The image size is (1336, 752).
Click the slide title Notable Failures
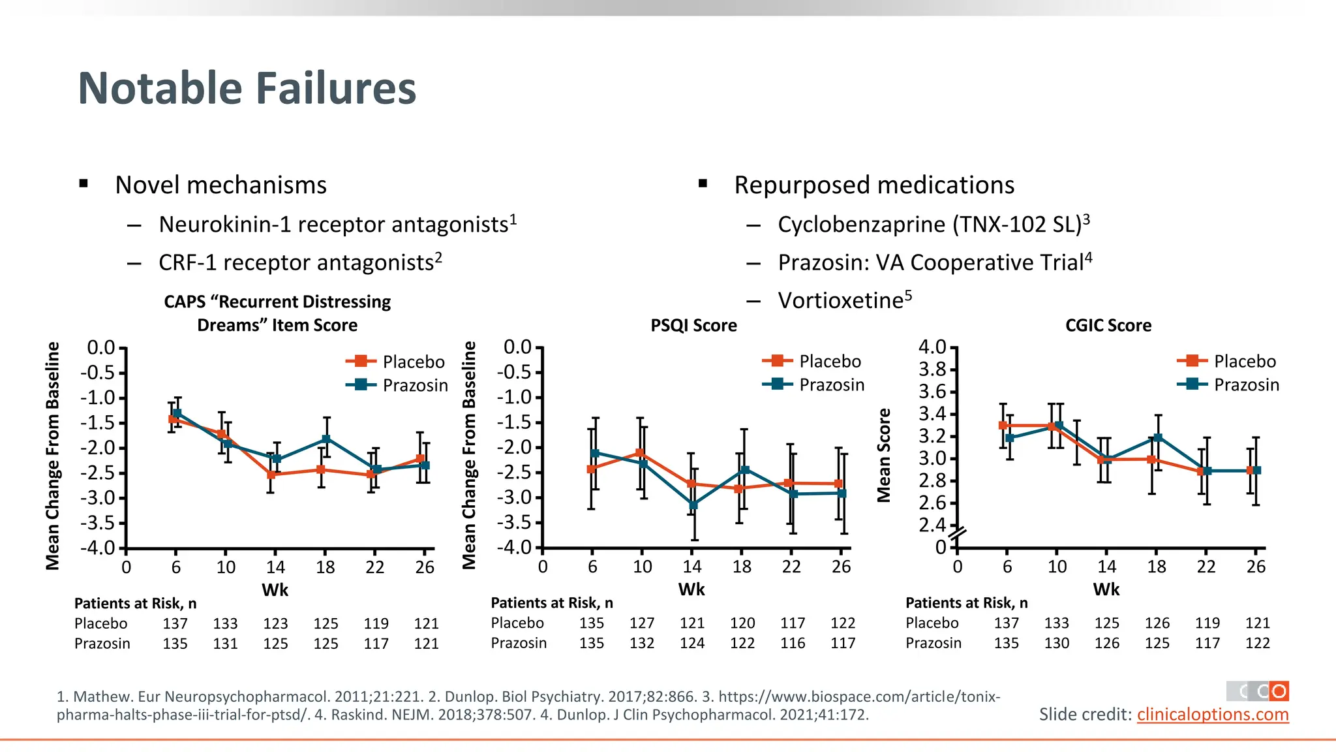(x=247, y=88)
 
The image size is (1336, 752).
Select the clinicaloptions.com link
(x=1212, y=714)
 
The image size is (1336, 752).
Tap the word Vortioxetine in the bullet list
(x=840, y=300)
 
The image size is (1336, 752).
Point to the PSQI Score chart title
(x=693, y=325)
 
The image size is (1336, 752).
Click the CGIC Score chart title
(x=1108, y=325)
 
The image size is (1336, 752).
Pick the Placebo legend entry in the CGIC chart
(x=1244, y=361)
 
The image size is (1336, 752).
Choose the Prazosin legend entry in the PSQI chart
(x=831, y=384)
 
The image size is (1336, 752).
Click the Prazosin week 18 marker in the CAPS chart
(x=326, y=439)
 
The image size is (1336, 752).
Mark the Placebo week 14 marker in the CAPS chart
(x=271, y=475)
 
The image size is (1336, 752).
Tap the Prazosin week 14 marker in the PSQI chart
(x=693, y=505)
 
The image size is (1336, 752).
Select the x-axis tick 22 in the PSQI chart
(x=791, y=567)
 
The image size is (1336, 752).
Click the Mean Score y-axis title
(x=884, y=455)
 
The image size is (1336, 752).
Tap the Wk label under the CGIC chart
(x=1106, y=589)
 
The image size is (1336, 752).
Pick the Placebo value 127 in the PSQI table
(x=642, y=623)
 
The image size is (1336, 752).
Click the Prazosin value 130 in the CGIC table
(x=1057, y=643)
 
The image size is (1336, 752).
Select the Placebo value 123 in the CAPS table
(x=275, y=623)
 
